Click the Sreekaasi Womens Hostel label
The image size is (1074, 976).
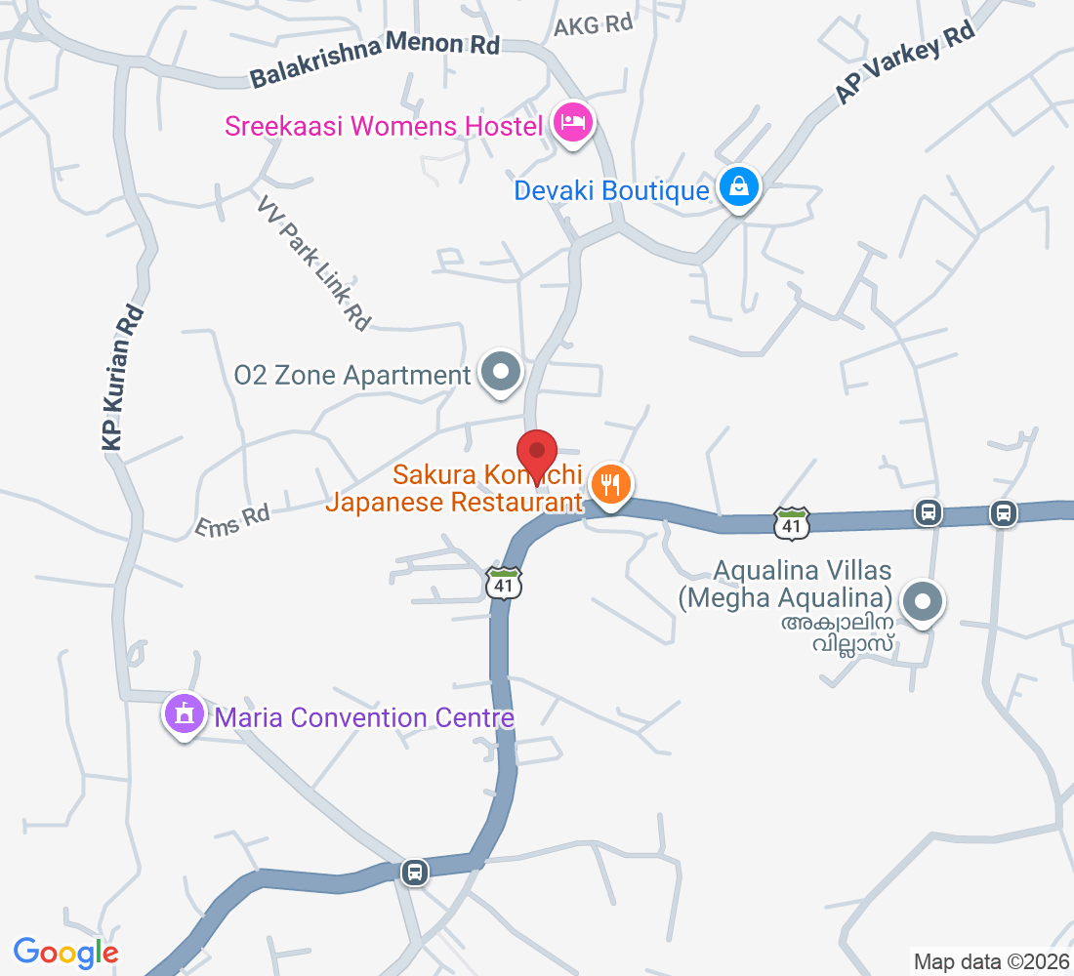coord(384,126)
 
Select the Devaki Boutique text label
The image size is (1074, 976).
coord(612,189)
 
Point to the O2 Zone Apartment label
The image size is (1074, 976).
coord(352,376)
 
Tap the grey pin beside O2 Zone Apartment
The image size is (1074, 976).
coord(502,372)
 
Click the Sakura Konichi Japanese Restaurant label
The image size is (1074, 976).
coord(454,489)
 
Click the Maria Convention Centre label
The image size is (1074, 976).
coord(364,718)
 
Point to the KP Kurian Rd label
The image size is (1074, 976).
coord(123,379)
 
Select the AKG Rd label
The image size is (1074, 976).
coord(594,25)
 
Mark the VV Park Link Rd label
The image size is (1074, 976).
coord(316,263)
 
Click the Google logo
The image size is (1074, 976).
coord(66,952)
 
